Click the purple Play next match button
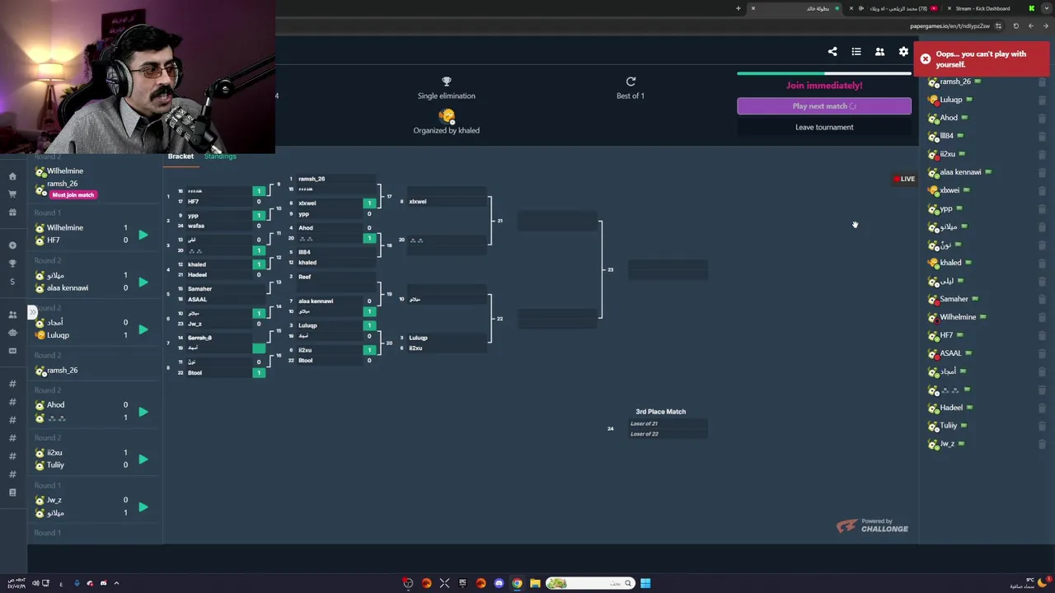pyautogui.click(x=823, y=106)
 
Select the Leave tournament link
pyautogui.click(x=823, y=127)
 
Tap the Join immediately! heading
pyautogui.click(x=823, y=86)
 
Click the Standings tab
pyautogui.click(x=220, y=156)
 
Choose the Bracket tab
pyautogui.click(x=181, y=156)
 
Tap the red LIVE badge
pyautogui.click(x=904, y=179)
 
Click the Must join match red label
pyautogui.click(x=73, y=195)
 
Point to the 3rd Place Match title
pyautogui.click(x=660, y=412)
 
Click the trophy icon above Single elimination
pyautogui.click(x=446, y=82)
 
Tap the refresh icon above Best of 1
pyautogui.click(x=631, y=82)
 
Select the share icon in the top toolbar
pyautogui.click(x=832, y=52)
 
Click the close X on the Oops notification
pyautogui.click(x=926, y=59)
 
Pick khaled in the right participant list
pyautogui.click(x=950, y=263)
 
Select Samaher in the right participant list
pyautogui.click(x=954, y=299)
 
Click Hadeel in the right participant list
pyautogui.click(x=950, y=408)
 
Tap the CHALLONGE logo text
pyautogui.click(x=884, y=529)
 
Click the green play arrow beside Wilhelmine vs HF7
pyautogui.click(x=143, y=235)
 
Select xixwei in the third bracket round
pyautogui.click(x=418, y=202)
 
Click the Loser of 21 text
pyautogui.click(x=644, y=424)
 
